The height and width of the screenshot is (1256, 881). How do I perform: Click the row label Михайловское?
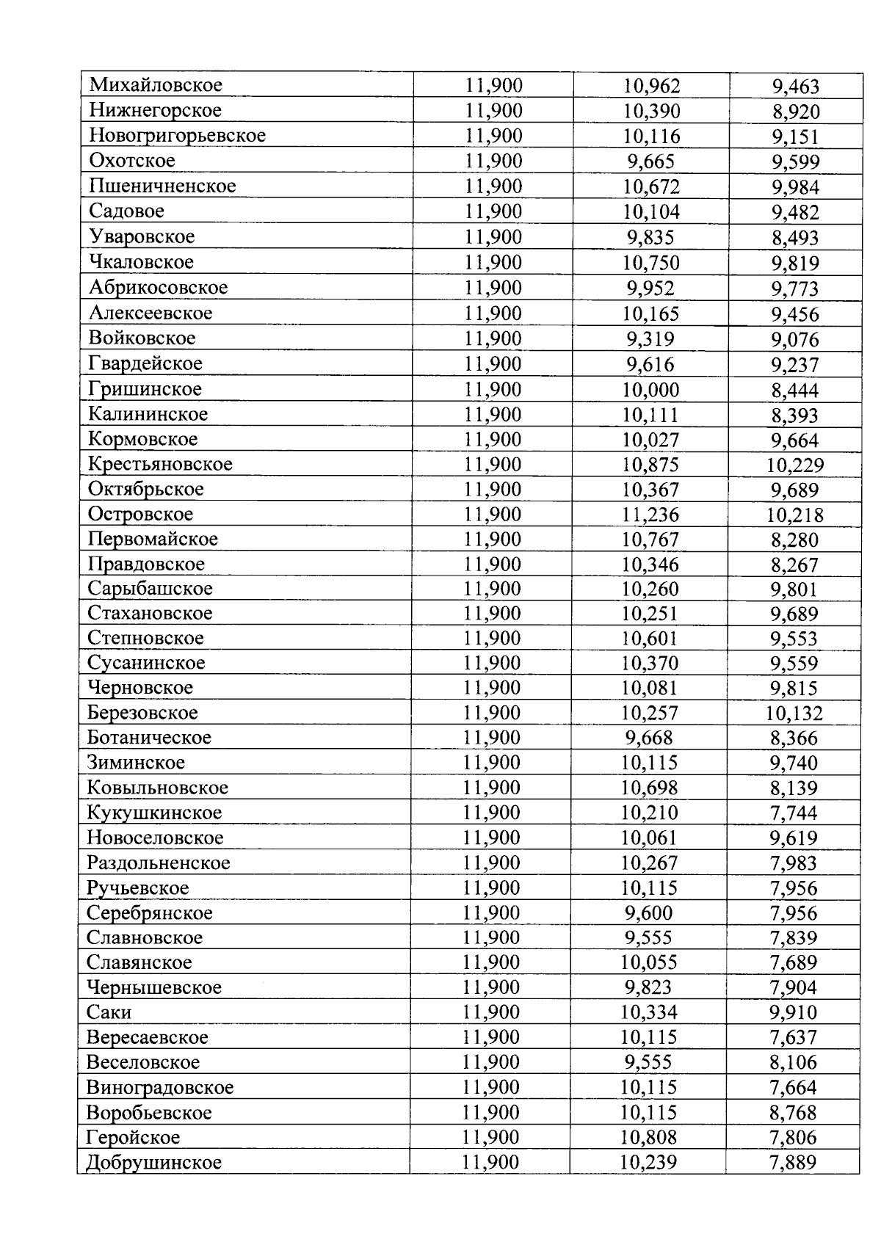(156, 85)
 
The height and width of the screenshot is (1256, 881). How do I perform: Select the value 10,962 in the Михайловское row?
(651, 87)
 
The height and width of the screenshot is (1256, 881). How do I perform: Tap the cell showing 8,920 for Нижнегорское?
(796, 112)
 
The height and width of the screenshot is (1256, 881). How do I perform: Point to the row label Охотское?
(132, 161)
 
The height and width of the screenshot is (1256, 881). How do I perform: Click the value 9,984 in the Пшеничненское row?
(795, 188)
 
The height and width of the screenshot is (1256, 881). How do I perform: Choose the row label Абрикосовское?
(158, 288)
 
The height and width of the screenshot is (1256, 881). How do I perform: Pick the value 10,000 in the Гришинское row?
(650, 390)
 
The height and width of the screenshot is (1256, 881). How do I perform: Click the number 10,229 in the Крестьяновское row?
(795, 465)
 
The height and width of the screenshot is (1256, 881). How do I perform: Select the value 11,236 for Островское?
(650, 515)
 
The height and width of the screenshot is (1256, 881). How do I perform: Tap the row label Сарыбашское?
(150, 589)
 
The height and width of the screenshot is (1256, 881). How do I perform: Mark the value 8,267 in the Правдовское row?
(794, 565)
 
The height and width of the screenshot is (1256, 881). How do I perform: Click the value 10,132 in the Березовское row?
(794, 714)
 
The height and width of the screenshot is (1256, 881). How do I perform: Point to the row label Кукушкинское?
(154, 813)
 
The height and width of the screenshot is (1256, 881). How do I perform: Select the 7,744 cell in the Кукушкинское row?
(794, 813)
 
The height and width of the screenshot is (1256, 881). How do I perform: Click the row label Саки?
(109, 1012)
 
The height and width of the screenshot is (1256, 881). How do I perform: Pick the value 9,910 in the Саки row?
(794, 1013)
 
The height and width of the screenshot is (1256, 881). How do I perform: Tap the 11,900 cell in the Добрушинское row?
(490, 1162)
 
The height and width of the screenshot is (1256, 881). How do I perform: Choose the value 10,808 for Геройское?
(649, 1137)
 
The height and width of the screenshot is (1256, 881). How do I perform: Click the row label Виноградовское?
(160, 1087)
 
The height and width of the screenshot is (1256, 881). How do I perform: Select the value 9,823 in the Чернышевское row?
(648, 987)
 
